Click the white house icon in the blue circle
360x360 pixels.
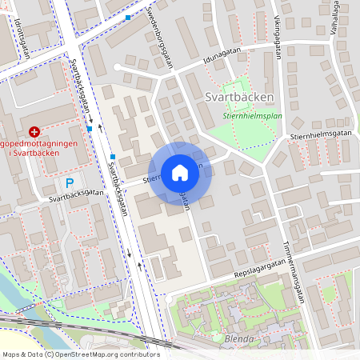(x=180, y=173)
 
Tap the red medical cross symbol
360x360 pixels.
(x=34, y=131)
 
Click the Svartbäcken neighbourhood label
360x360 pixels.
(x=239, y=97)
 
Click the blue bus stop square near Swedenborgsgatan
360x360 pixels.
(x=128, y=17)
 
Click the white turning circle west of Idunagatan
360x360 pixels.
(x=118, y=67)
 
